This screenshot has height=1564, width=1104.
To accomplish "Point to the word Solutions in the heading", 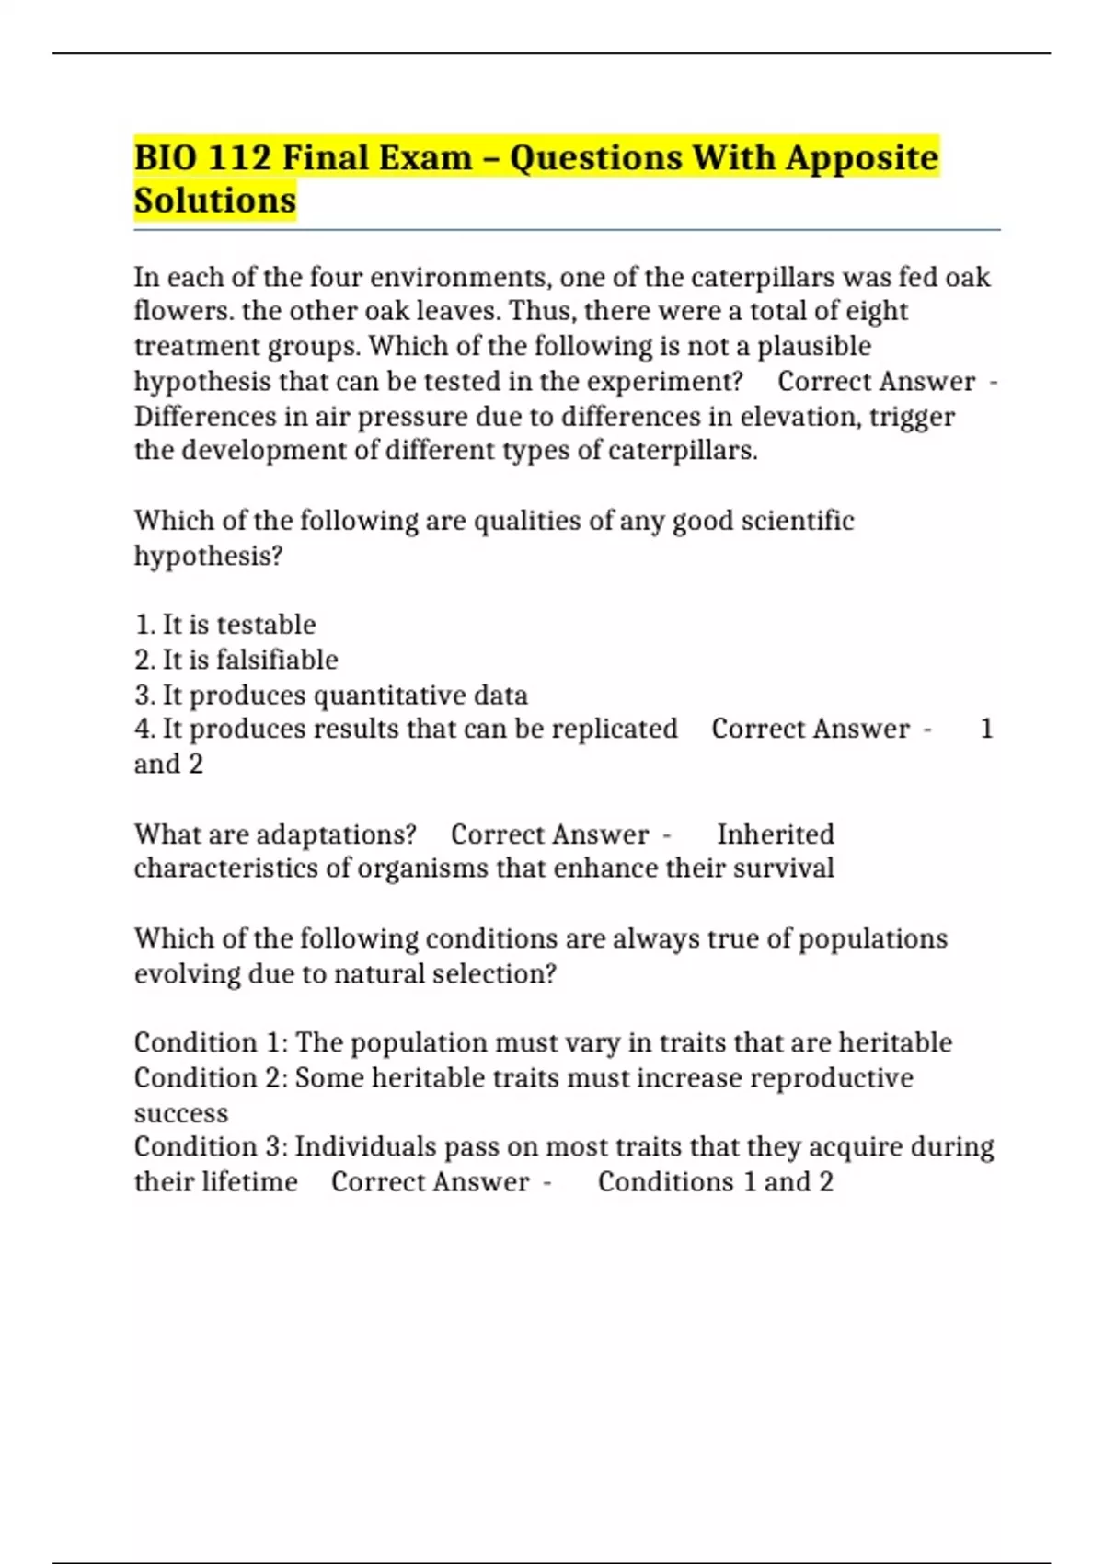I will [215, 200].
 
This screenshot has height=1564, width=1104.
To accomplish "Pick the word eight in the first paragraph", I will [876, 311].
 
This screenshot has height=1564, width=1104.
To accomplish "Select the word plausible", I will [813, 346].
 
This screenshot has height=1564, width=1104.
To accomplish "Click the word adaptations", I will [336, 834].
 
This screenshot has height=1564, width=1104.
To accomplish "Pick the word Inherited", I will [776, 834].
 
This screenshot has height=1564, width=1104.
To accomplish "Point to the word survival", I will [783, 868].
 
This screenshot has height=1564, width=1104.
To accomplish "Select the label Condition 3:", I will [211, 1146].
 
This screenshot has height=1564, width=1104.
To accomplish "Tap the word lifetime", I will [248, 1181].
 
